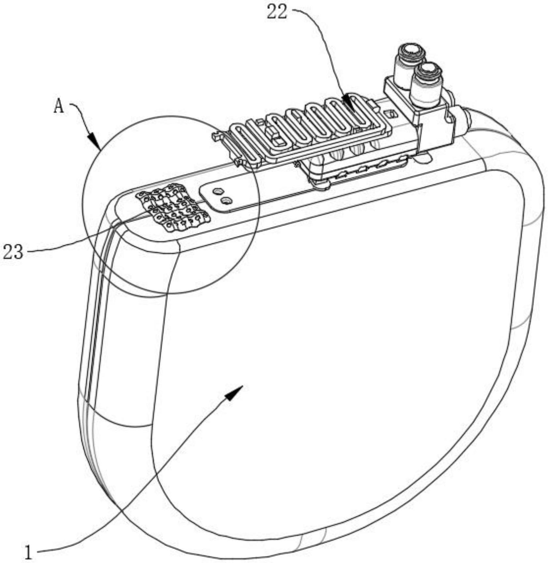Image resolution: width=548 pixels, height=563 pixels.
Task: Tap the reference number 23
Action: tap(13, 252)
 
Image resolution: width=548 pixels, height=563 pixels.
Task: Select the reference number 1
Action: tap(29, 551)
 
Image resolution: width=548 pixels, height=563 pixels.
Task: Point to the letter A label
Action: tap(59, 106)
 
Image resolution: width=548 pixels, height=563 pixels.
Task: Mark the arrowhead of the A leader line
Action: tap(96, 141)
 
